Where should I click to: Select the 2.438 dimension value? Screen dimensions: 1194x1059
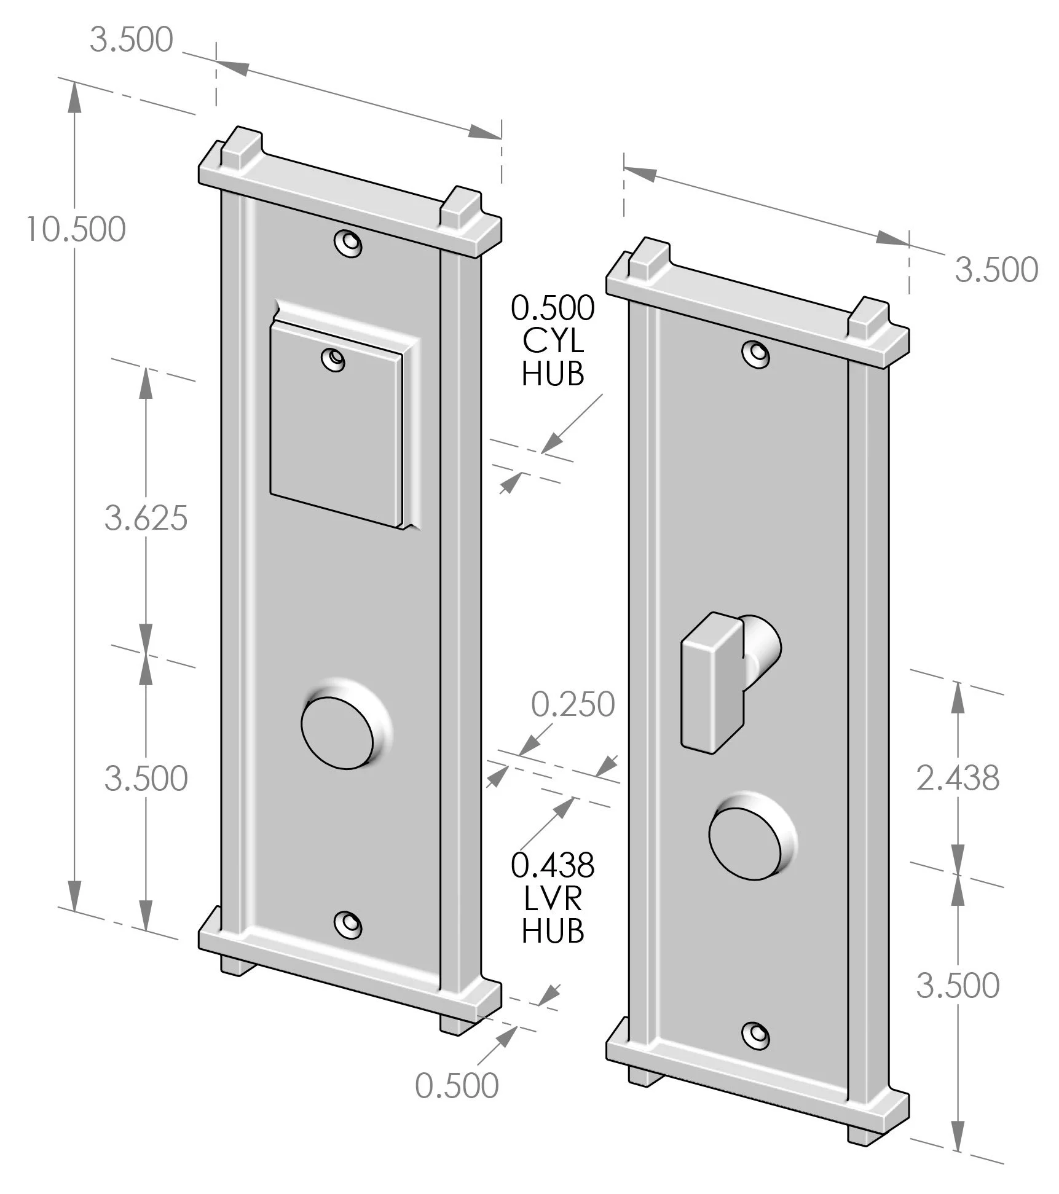(958, 778)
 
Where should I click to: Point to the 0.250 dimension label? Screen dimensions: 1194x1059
(573, 704)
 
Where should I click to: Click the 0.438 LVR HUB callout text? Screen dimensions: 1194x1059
(553, 898)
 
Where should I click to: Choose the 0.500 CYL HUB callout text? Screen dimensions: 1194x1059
(553, 341)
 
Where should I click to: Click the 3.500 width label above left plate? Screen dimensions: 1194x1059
(131, 40)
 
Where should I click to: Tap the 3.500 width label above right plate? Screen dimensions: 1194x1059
(996, 270)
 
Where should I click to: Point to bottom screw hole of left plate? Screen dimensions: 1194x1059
(348, 924)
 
